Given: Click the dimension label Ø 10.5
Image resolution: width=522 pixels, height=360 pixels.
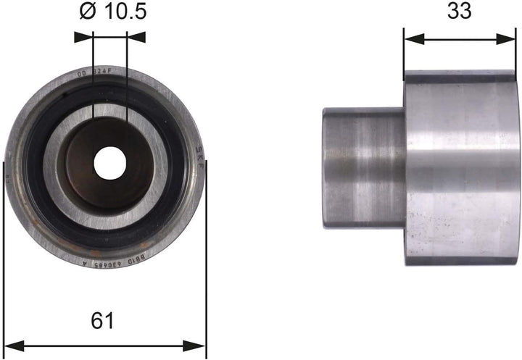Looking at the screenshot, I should pyautogui.click(x=110, y=12).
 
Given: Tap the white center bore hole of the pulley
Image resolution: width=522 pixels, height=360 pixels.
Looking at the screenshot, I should pyautogui.click(x=109, y=163).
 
